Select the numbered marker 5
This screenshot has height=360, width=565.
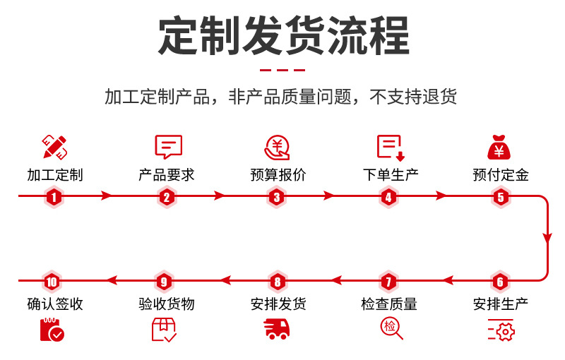(501, 197)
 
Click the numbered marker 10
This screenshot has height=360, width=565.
(51, 282)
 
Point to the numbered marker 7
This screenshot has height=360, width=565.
(388, 282)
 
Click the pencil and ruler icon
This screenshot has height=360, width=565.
(55, 147)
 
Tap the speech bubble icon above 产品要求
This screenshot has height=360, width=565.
(167, 147)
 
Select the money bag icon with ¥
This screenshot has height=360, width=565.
(499, 147)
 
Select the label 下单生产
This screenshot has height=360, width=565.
(390, 175)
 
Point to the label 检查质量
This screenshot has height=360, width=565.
(389, 304)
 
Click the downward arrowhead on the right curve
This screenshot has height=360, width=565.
(547, 239)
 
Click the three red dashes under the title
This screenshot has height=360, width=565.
(282, 71)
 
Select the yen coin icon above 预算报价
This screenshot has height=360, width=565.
(277, 147)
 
